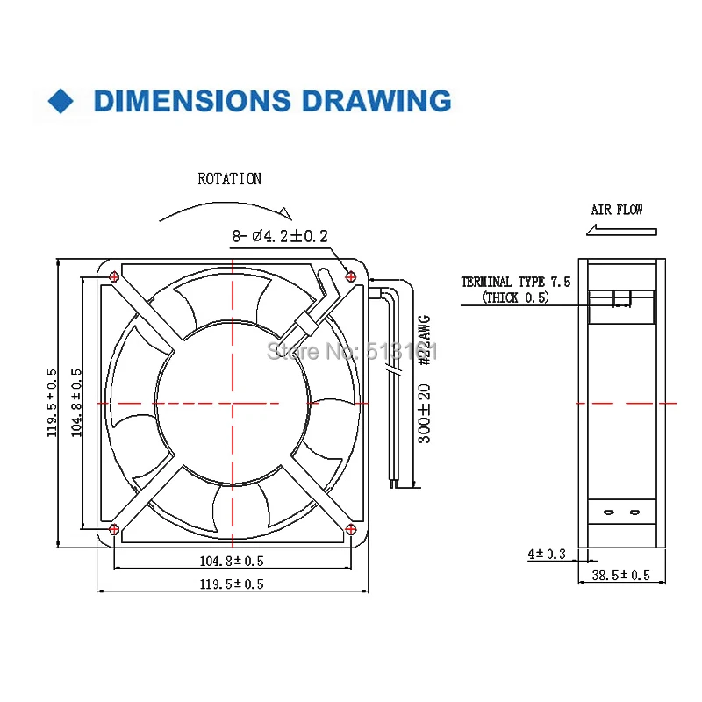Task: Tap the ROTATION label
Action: tap(229, 179)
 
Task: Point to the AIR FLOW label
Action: tap(616, 210)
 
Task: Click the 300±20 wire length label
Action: tap(424, 412)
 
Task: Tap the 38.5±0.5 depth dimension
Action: tap(620, 575)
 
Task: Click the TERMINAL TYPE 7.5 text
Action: tap(516, 282)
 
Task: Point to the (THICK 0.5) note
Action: tap(515, 297)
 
